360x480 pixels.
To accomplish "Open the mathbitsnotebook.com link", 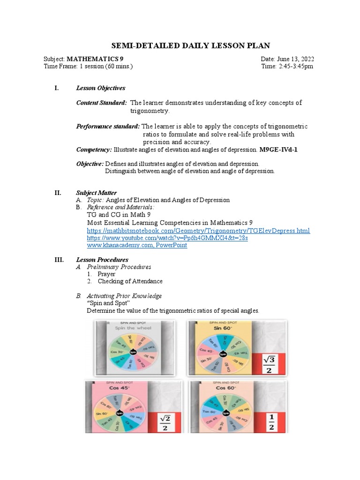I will pyautogui.click(x=198, y=231).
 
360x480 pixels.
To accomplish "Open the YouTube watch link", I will pyautogui.click(x=167, y=238).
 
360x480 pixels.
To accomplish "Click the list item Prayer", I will pyautogui.click(x=106, y=274).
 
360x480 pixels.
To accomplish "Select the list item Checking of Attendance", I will pyautogui.click(x=130, y=281).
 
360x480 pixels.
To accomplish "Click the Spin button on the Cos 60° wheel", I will pyautogui.click(x=226, y=413).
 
